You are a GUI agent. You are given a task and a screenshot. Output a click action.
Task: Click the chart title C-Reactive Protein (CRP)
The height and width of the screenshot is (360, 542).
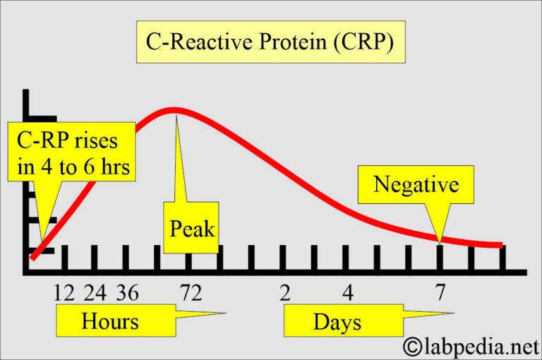coord(270,42)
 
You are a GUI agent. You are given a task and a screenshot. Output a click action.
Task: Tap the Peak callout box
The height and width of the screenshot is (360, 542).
coord(191,228)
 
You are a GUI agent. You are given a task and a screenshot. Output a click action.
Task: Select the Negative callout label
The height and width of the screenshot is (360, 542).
coord(416,185)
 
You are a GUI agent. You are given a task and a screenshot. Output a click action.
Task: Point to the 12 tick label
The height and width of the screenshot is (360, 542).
coord(64,292)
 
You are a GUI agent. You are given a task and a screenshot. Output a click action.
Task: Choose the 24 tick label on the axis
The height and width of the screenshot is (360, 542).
coord(95,292)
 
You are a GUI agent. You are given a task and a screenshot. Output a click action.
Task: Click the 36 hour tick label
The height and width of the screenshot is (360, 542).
coord(127,292)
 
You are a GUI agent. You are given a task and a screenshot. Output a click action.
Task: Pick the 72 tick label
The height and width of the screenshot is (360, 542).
coord(190,292)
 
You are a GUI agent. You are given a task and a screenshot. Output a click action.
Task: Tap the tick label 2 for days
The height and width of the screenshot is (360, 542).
coord(284,292)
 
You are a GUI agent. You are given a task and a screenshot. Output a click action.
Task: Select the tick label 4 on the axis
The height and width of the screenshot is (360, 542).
coord(347,292)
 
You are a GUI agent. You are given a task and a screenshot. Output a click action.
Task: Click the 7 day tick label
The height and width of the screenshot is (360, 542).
coord(440,292)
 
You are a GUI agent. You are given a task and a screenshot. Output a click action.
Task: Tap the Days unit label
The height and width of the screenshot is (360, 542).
coord(337,323)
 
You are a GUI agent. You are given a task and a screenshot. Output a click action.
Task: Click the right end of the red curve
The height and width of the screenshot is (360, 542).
coord(501,245)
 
